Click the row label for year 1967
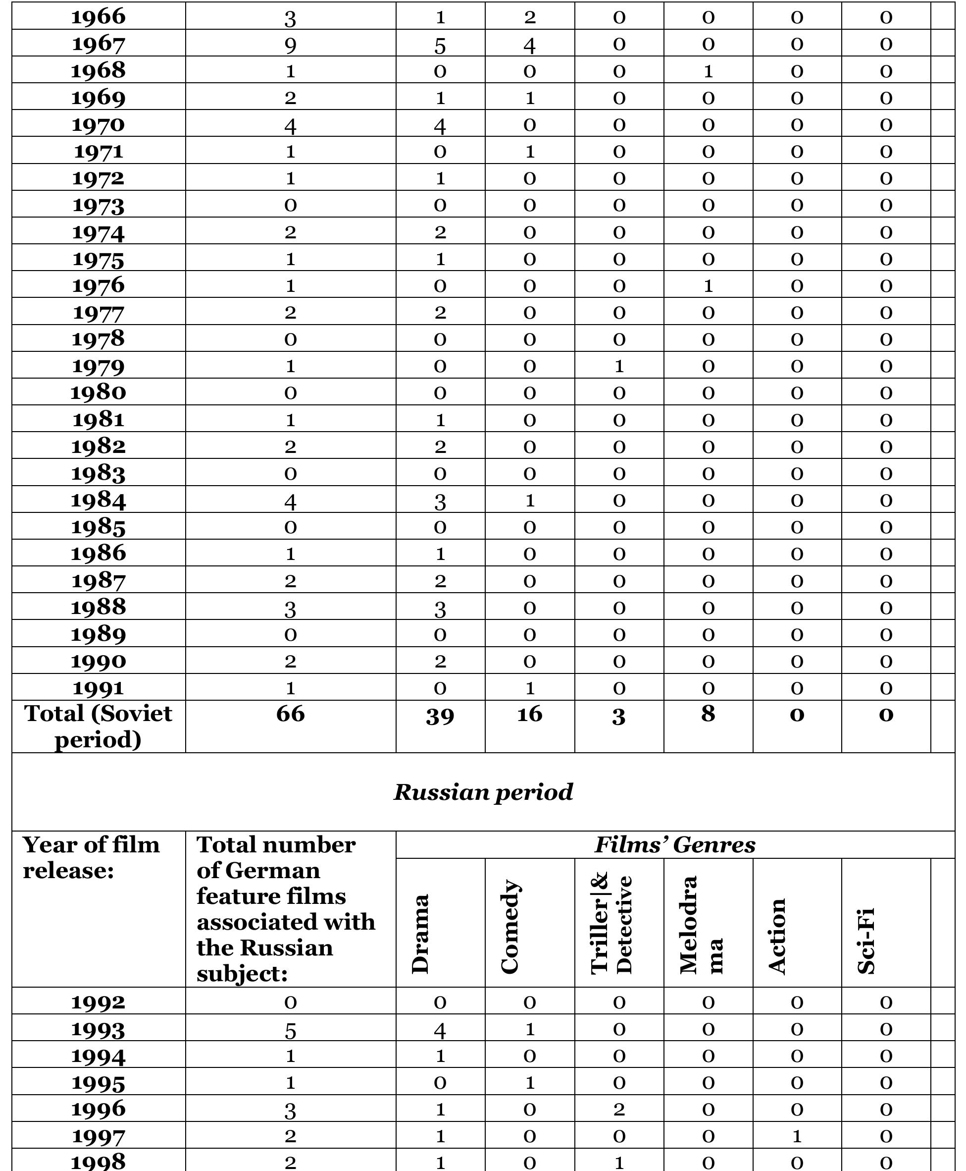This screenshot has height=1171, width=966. (99, 44)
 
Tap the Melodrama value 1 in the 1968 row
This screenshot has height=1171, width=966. (708, 71)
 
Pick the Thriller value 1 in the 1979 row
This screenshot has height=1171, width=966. (619, 366)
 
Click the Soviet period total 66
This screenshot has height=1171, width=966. (290, 714)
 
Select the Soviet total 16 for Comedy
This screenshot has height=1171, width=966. (529, 714)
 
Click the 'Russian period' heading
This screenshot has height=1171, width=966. (483, 792)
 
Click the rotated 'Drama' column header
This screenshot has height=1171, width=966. (421, 934)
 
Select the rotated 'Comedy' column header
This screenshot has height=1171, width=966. (510, 927)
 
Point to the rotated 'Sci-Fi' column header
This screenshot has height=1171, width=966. (866, 942)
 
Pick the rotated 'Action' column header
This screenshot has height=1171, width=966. (777, 936)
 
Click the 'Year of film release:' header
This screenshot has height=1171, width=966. (91, 857)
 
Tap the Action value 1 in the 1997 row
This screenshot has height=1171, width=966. (797, 1136)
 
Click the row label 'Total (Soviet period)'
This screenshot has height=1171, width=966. (99, 726)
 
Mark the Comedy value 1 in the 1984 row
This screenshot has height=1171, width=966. (529, 500)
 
